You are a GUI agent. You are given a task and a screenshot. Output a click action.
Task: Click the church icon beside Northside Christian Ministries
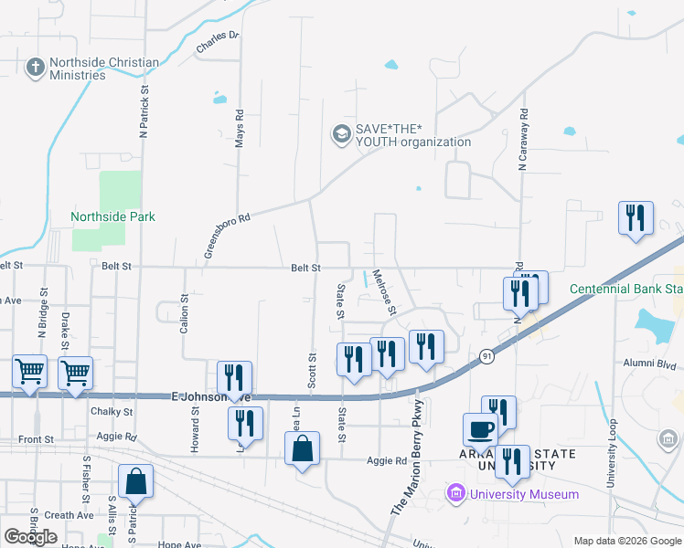[x=36, y=68]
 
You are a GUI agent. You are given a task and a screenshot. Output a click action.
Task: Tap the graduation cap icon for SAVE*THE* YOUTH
[x=341, y=135]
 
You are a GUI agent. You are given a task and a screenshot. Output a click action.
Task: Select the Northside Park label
[x=113, y=216]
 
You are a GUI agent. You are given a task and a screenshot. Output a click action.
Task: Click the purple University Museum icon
[x=454, y=494]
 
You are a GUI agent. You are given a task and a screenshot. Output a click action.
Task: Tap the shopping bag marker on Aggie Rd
[x=302, y=449]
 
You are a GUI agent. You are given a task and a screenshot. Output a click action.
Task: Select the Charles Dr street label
[x=217, y=41]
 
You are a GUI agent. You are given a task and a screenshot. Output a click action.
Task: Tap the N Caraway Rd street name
[x=524, y=142]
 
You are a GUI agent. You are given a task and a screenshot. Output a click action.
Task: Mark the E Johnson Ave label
[x=210, y=396]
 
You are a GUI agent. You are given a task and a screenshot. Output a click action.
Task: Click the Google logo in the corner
[x=31, y=536]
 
